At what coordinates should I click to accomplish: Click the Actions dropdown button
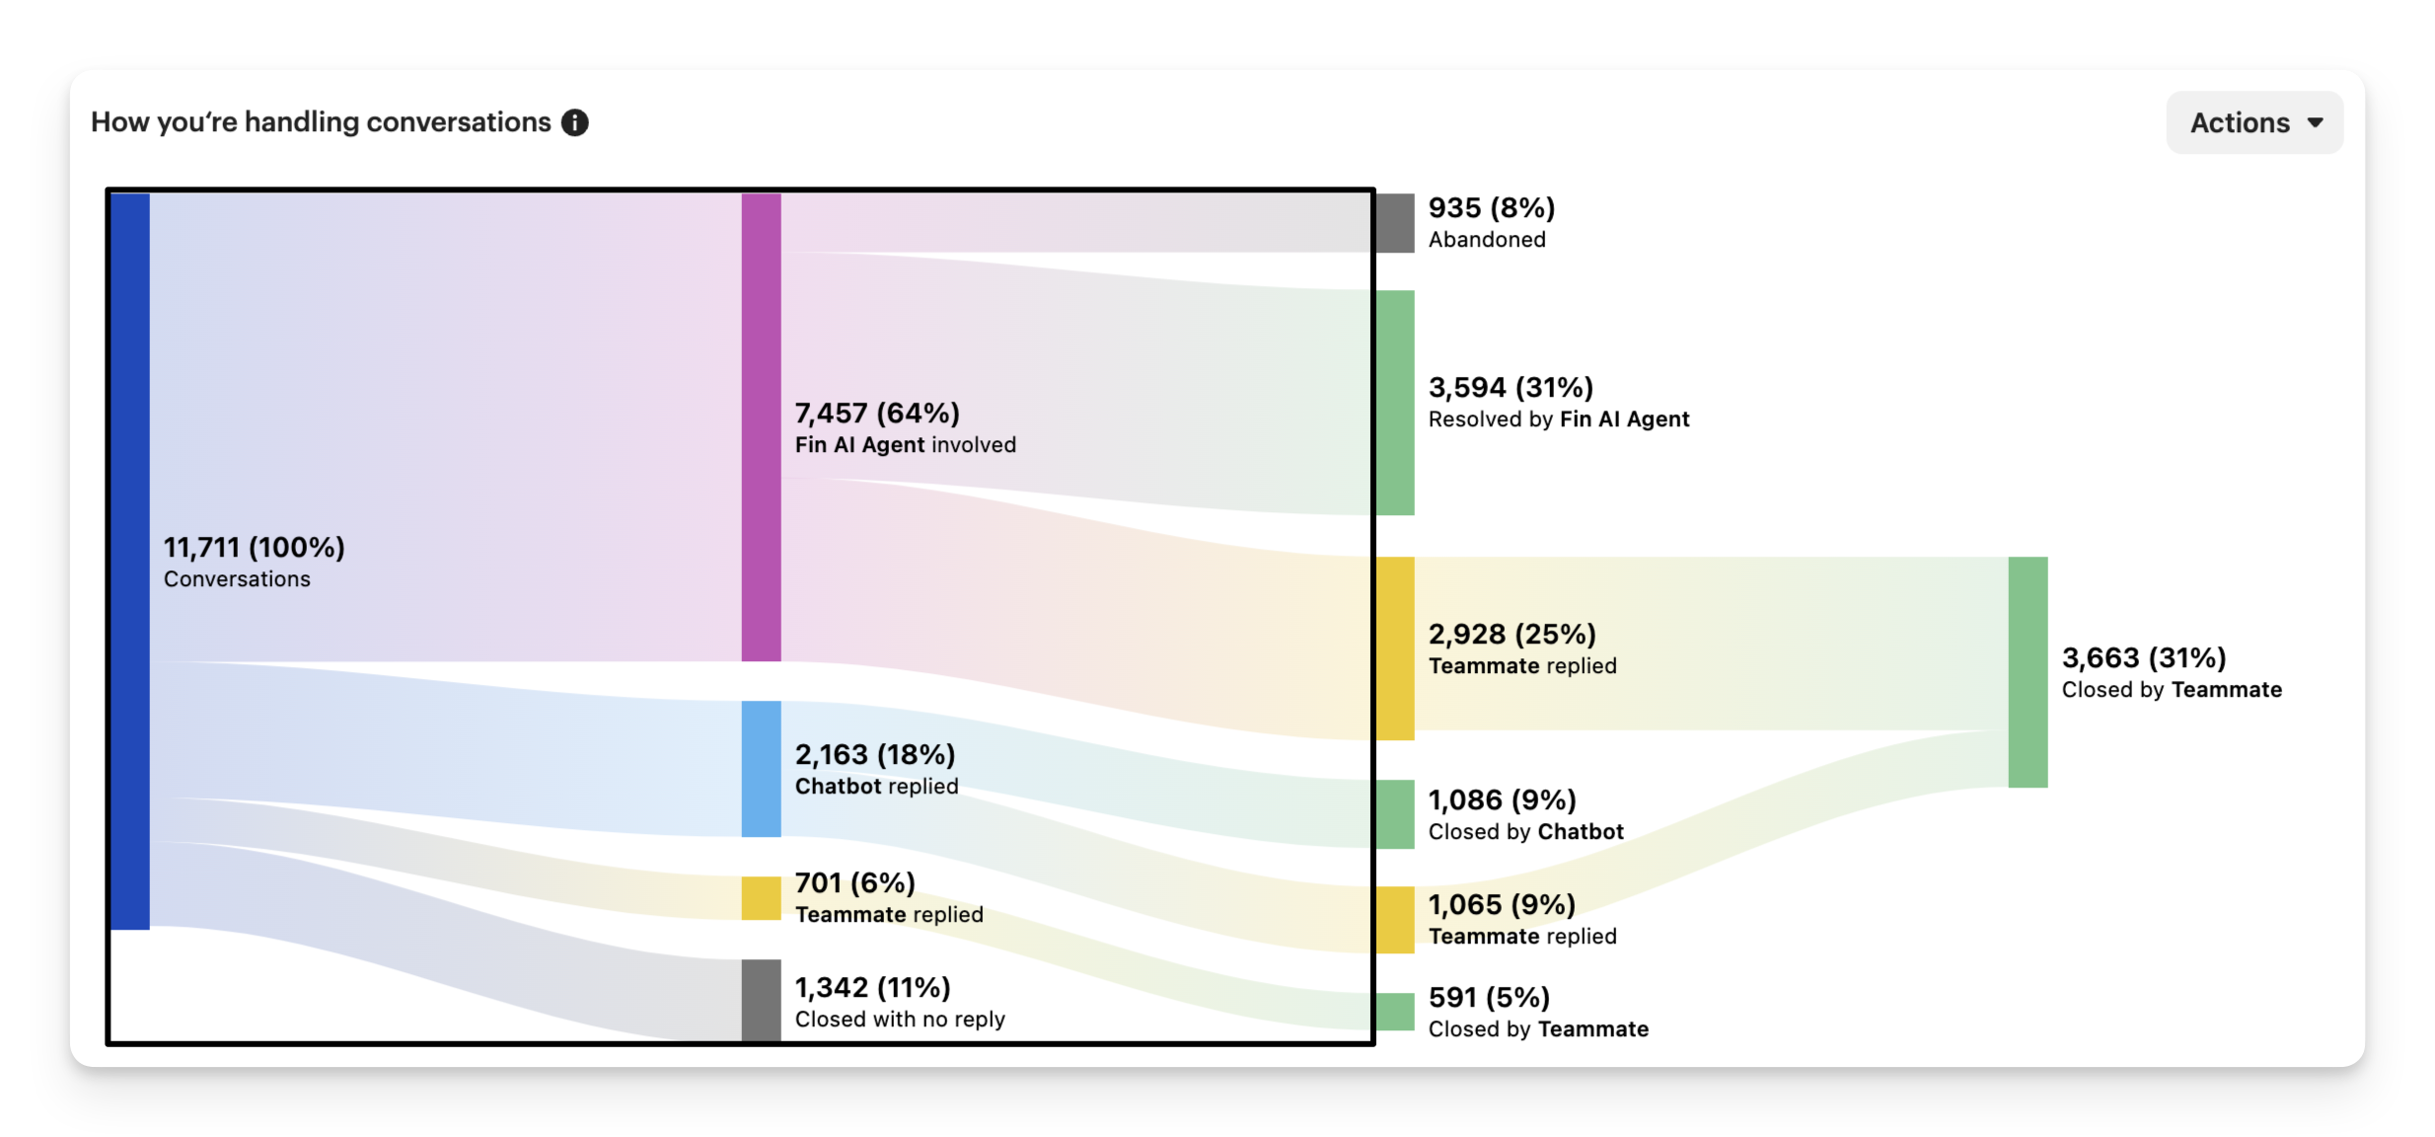pyautogui.click(x=2254, y=122)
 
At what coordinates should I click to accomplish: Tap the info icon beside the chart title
pyautogui.click(x=574, y=122)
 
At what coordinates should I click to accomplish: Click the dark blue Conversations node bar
pyautogui.click(x=130, y=561)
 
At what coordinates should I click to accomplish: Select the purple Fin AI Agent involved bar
pyautogui.click(x=761, y=426)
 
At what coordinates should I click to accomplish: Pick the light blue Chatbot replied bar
pyautogui.click(x=761, y=769)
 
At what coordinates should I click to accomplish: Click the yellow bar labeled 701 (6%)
pyautogui.click(x=761, y=898)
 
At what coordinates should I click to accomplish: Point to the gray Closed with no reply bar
pyautogui.click(x=761, y=1000)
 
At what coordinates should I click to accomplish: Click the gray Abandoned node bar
pyautogui.click(x=1395, y=223)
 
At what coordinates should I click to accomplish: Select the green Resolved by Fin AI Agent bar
pyautogui.click(x=1395, y=402)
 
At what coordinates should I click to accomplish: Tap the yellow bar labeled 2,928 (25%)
pyautogui.click(x=1395, y=647)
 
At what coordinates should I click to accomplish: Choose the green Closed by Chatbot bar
pyautogui.click(x=1395, y=814)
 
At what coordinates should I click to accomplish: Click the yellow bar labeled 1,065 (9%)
pyautogui.click(x=1395, y=919)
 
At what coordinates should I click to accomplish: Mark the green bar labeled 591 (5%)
pyautogui.click(x=1395, y=1012)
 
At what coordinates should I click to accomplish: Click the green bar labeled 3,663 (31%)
pyautogui.click(x=2028, y=672)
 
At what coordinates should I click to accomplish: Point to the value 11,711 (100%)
pyautogui.click(x=254, y=547)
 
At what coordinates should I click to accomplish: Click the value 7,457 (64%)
pyautogui.click(x=877, y=413)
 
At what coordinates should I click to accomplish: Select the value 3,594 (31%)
pyautogui.click(x=1511, y=387)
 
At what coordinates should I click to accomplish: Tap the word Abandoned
pyautogui.click(x=1487, y=240)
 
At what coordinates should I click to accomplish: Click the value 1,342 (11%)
pyautogui.click(x=872, y=987)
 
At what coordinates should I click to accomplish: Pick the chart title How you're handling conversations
pyautogui.click(x=321, y=122)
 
